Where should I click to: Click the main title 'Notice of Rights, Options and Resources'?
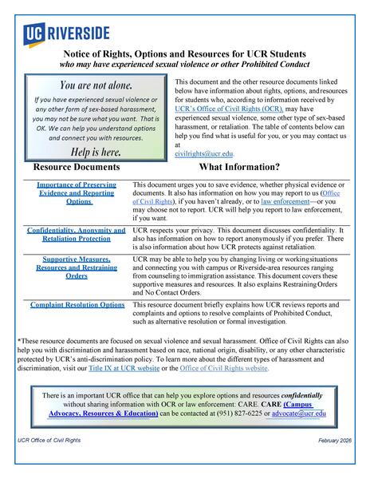[184, 53]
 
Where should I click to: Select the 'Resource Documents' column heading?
[77, 168]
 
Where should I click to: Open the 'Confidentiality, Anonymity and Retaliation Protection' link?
[77, 235]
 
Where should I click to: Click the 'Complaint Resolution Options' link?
[77, 304]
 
